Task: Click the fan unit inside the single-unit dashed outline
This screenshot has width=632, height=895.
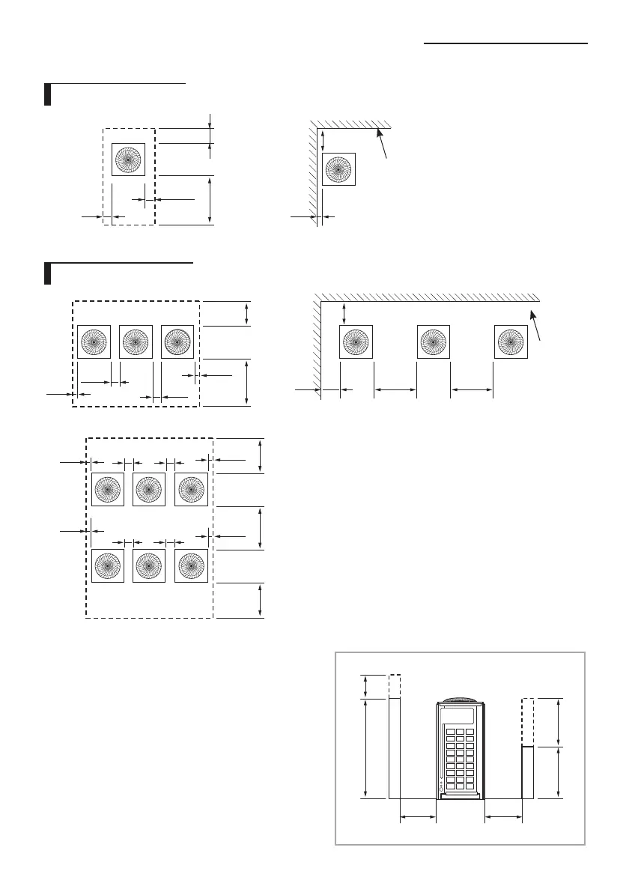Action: tap(129, 160)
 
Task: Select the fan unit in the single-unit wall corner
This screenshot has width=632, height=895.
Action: tap(338, 169)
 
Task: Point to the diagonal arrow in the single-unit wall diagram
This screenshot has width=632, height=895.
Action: tap(383, 143)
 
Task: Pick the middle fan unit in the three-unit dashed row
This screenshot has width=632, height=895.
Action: tap(136, 342)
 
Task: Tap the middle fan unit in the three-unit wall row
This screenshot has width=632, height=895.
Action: tap(433, 342)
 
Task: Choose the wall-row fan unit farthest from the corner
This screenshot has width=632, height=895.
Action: tap(511, 342)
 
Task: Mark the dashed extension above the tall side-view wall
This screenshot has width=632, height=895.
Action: tap(395, 686)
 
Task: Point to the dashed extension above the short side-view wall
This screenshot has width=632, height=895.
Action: tap(527, 722)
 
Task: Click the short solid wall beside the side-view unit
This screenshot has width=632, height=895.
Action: tap(527, 772)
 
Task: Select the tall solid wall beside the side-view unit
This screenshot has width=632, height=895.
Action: tap(395, 748)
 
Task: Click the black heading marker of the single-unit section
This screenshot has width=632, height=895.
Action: tap(46, 95)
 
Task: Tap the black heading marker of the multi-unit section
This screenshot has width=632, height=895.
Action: tap(46, 273)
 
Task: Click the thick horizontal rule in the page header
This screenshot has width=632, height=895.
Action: tap(505, 44)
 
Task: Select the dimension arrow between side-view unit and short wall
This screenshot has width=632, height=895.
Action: tap(503, 818)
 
